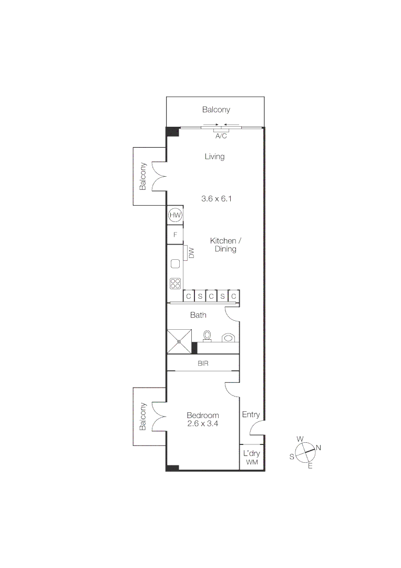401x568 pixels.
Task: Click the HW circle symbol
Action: (x=175, y=215)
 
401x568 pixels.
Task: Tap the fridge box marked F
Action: (x=175, y=235)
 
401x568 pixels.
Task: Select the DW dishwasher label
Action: (x=191, y=253)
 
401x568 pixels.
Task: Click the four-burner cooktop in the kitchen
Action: (x=175, y=283)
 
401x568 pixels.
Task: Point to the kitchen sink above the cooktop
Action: (x=176, y=265)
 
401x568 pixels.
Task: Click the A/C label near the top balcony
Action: (x=221, y=136)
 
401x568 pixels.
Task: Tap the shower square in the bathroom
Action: (x=179, y=341)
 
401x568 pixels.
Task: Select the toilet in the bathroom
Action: (x=207, y=335)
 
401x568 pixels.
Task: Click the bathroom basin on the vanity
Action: (x=228, y=337)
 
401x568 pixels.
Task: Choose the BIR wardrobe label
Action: (x=203, y=363)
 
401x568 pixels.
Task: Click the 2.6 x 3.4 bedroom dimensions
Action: (x=203, y=423)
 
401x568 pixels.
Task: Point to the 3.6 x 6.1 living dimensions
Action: (x=216, y=199)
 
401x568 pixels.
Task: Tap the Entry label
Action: (x=251, y=414)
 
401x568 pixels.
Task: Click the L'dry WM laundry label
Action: (x=251, y=458)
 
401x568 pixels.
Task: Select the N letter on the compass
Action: (x=318, y=448)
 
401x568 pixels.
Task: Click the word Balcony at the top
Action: (x=216, y=110)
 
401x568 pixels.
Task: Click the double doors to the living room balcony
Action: (x=159, y=176)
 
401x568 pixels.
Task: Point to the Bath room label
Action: (x=198, y=315)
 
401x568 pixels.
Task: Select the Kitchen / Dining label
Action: (x=225, y=245)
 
